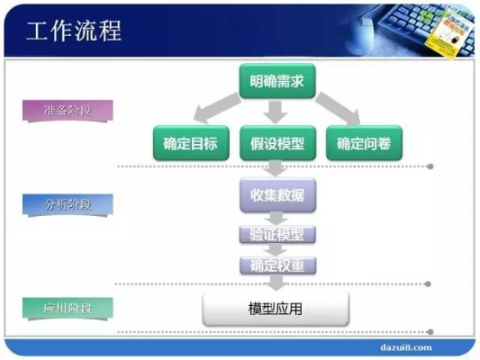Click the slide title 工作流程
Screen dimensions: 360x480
74,31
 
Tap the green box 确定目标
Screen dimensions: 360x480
190,142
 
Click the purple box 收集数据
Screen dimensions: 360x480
277,194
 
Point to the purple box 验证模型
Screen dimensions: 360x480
277,235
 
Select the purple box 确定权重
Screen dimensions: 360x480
277,265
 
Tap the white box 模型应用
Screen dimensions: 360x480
276,309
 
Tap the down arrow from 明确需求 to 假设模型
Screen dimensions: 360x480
276,112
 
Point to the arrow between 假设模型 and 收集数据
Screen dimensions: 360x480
276,168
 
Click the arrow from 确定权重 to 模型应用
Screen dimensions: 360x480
276,283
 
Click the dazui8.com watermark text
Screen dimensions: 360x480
401,346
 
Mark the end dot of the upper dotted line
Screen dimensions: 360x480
430,166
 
